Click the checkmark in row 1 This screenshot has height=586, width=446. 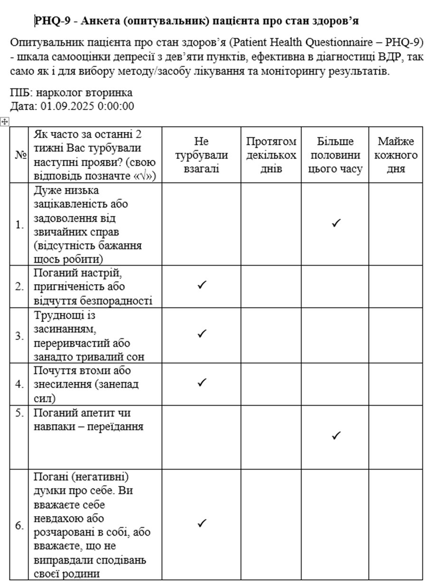[x=336, y=223]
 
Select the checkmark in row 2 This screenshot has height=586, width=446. [x=202, y=285]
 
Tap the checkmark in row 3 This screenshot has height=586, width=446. [x=202, y=334]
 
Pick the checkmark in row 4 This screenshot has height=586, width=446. [x=202, y=382]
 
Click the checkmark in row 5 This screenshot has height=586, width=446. [x=336, y=435]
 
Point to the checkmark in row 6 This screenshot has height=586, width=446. [x=202, y=523]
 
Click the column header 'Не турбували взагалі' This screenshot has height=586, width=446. [x=201, y=155]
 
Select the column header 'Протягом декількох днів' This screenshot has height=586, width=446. [x=271, y=155]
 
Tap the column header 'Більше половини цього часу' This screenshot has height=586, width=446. [x=335, y=155]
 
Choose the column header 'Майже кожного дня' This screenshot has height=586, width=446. [x=395, y=155]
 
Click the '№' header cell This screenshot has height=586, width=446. [x=21, y=155]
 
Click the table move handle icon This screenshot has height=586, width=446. [x=5, y=122]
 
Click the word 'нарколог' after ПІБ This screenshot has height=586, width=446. [x=56, y=93]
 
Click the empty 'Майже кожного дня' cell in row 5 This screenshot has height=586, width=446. [x=395, y=437]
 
